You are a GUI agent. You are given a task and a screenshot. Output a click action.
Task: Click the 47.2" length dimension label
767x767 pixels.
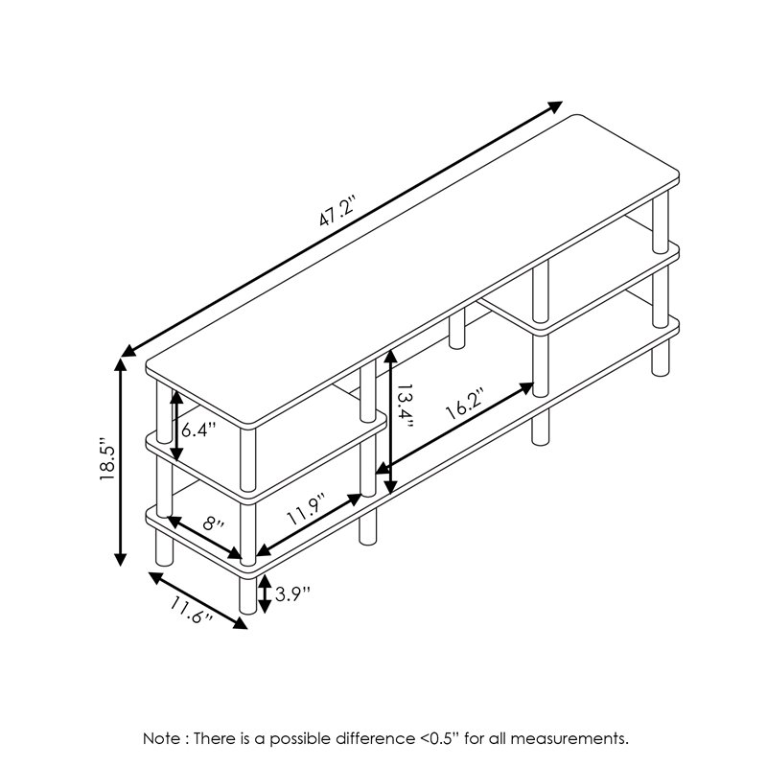(x=338, y=213)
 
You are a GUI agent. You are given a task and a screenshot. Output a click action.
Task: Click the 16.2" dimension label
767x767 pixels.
(x=464, y=407)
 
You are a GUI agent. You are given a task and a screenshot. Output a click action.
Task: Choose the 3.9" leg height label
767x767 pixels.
(x=291, y=593)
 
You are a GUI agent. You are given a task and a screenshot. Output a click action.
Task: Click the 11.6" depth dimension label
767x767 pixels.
(x=190, y=610)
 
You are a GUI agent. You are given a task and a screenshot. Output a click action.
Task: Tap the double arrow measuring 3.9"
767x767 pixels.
(x=266, y=593)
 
